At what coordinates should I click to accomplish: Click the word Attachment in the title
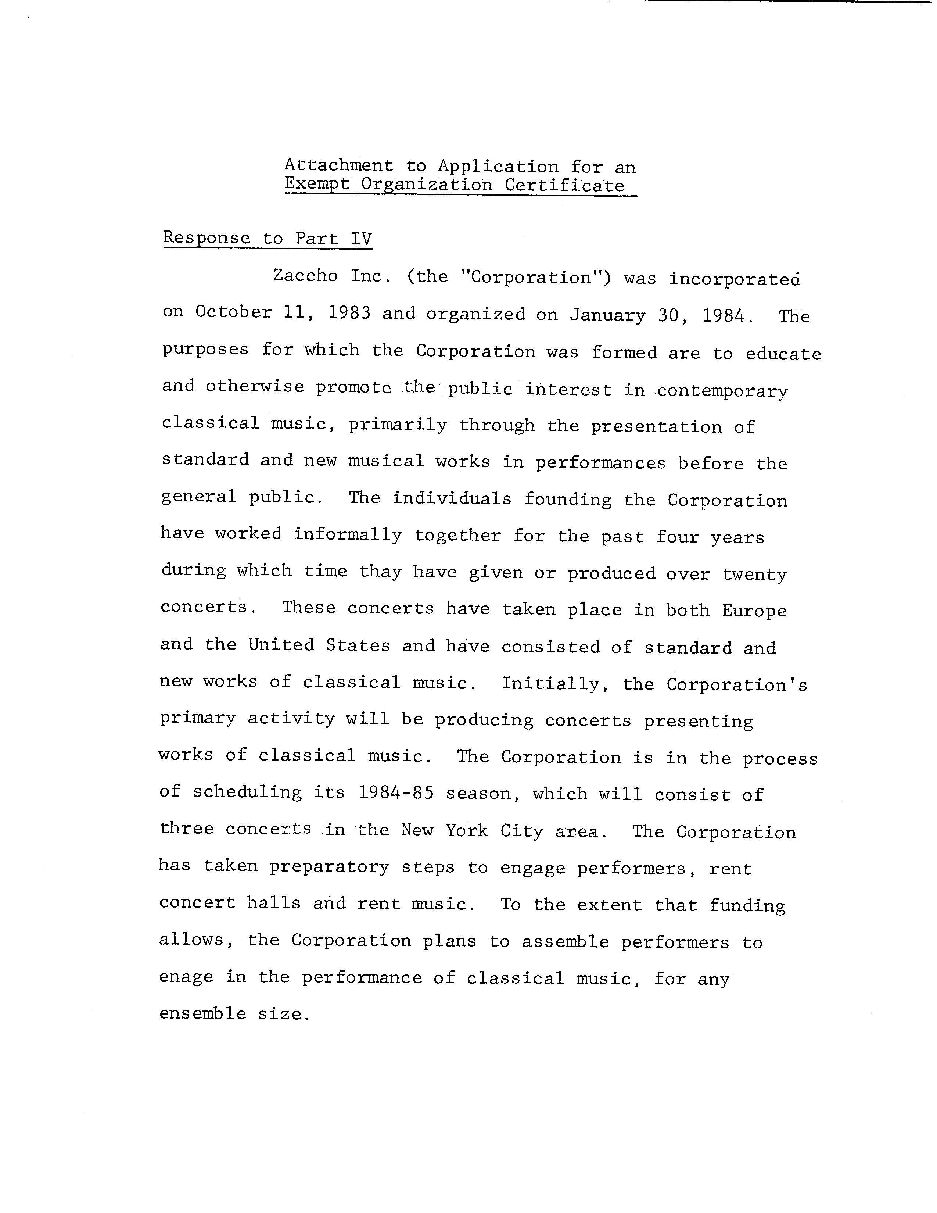click(x=339, y=165)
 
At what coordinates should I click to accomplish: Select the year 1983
click(x=349, y=313)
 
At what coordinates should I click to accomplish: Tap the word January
click(x=607, y=315)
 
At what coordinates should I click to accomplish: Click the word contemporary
click(x=722, y=391)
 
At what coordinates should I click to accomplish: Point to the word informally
click(x=348, y=535)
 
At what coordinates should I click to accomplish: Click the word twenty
click(x=754, y=574)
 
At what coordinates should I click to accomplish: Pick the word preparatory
click(x=330, y=867)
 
